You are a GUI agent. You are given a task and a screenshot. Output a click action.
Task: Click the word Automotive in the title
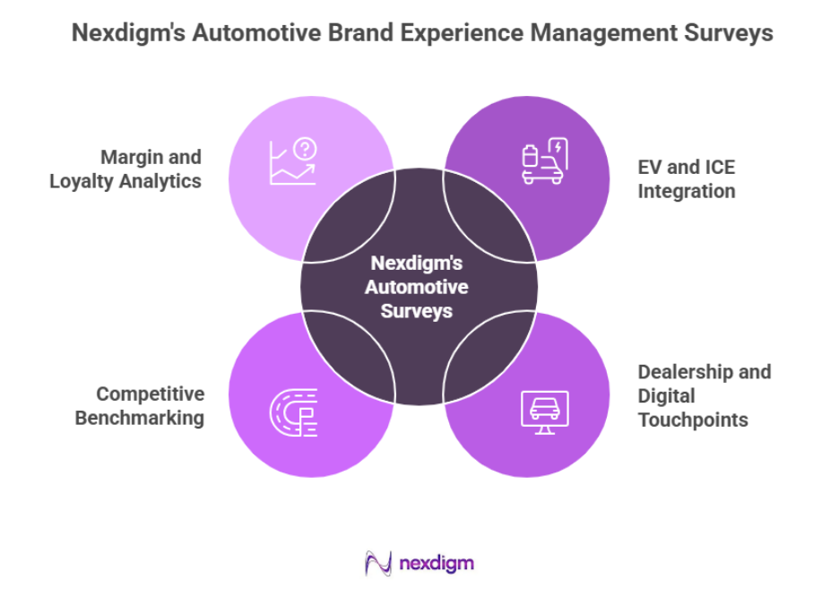pos(267,34)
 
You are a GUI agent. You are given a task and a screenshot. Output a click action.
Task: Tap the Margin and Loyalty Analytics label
pos(125,169)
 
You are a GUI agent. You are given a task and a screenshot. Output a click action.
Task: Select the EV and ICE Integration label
pos(687,179)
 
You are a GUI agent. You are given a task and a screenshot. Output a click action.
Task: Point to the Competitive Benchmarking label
pos(139,405)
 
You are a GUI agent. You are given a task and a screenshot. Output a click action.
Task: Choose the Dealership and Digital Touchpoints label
pos(704,395)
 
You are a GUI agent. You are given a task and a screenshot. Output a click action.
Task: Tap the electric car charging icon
pos(544,161)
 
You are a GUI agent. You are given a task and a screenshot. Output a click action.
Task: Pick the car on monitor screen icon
pos(544,412)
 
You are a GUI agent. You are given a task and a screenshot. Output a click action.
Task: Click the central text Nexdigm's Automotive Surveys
pos(419,288)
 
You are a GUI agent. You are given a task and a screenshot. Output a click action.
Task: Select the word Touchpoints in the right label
pos(693,420)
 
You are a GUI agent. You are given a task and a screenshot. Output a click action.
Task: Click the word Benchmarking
pos(139,417)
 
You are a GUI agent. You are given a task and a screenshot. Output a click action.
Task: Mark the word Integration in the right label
pos(687,191)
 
